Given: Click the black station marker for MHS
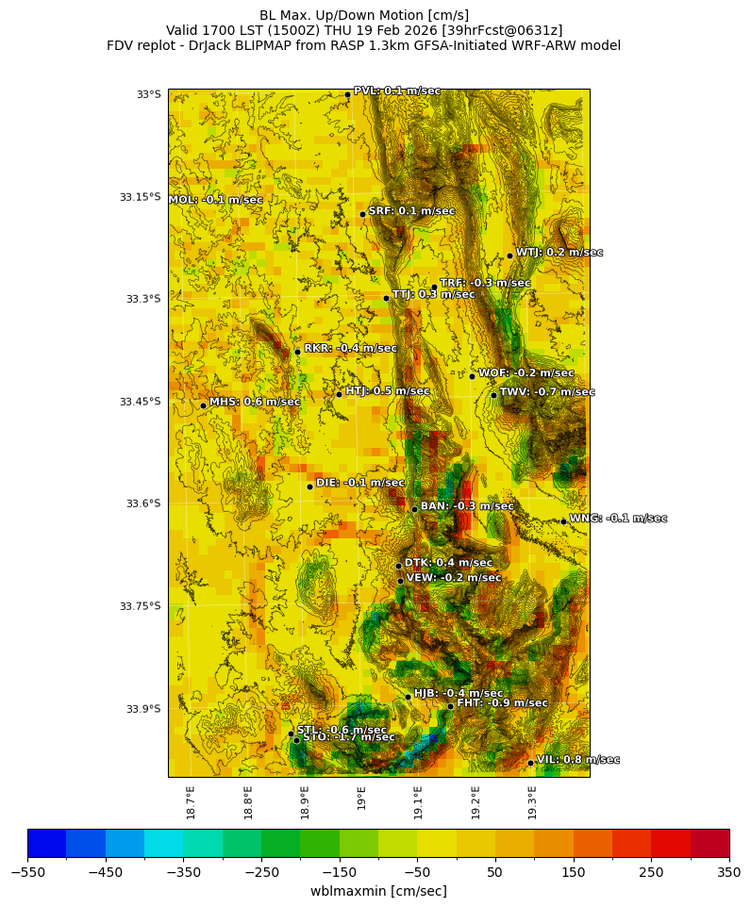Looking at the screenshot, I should click(x=203, y=406).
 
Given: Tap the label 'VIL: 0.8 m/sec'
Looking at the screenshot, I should click(x=577, y=760).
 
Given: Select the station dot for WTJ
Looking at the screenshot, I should click(x=509, y=256).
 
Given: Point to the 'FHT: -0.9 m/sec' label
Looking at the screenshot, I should click(x=502, y=703).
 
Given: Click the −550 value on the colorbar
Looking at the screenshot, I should click(x=27, y=872).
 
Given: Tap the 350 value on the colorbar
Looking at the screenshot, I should click(x=729, y=872).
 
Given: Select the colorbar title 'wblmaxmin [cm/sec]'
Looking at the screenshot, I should click(x=378, y=891).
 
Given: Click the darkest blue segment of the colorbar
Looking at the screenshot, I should click(x=46, y=842).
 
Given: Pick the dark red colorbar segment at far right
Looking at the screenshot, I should click(x=709, y=842).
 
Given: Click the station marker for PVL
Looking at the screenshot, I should click(x=347, y=94).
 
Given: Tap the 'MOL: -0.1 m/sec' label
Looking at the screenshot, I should click(x=216, y=200).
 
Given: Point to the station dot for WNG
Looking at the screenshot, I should click(x=563, y=521).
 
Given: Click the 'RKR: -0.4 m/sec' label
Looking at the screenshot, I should click(x=350, y=349).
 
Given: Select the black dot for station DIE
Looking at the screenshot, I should click(x=309, y=486).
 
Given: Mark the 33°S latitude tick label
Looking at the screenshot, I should click(x=148, y=94).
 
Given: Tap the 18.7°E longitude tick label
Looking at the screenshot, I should click(x=191, y=802).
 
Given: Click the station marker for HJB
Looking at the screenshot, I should click(x=408, y=697).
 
